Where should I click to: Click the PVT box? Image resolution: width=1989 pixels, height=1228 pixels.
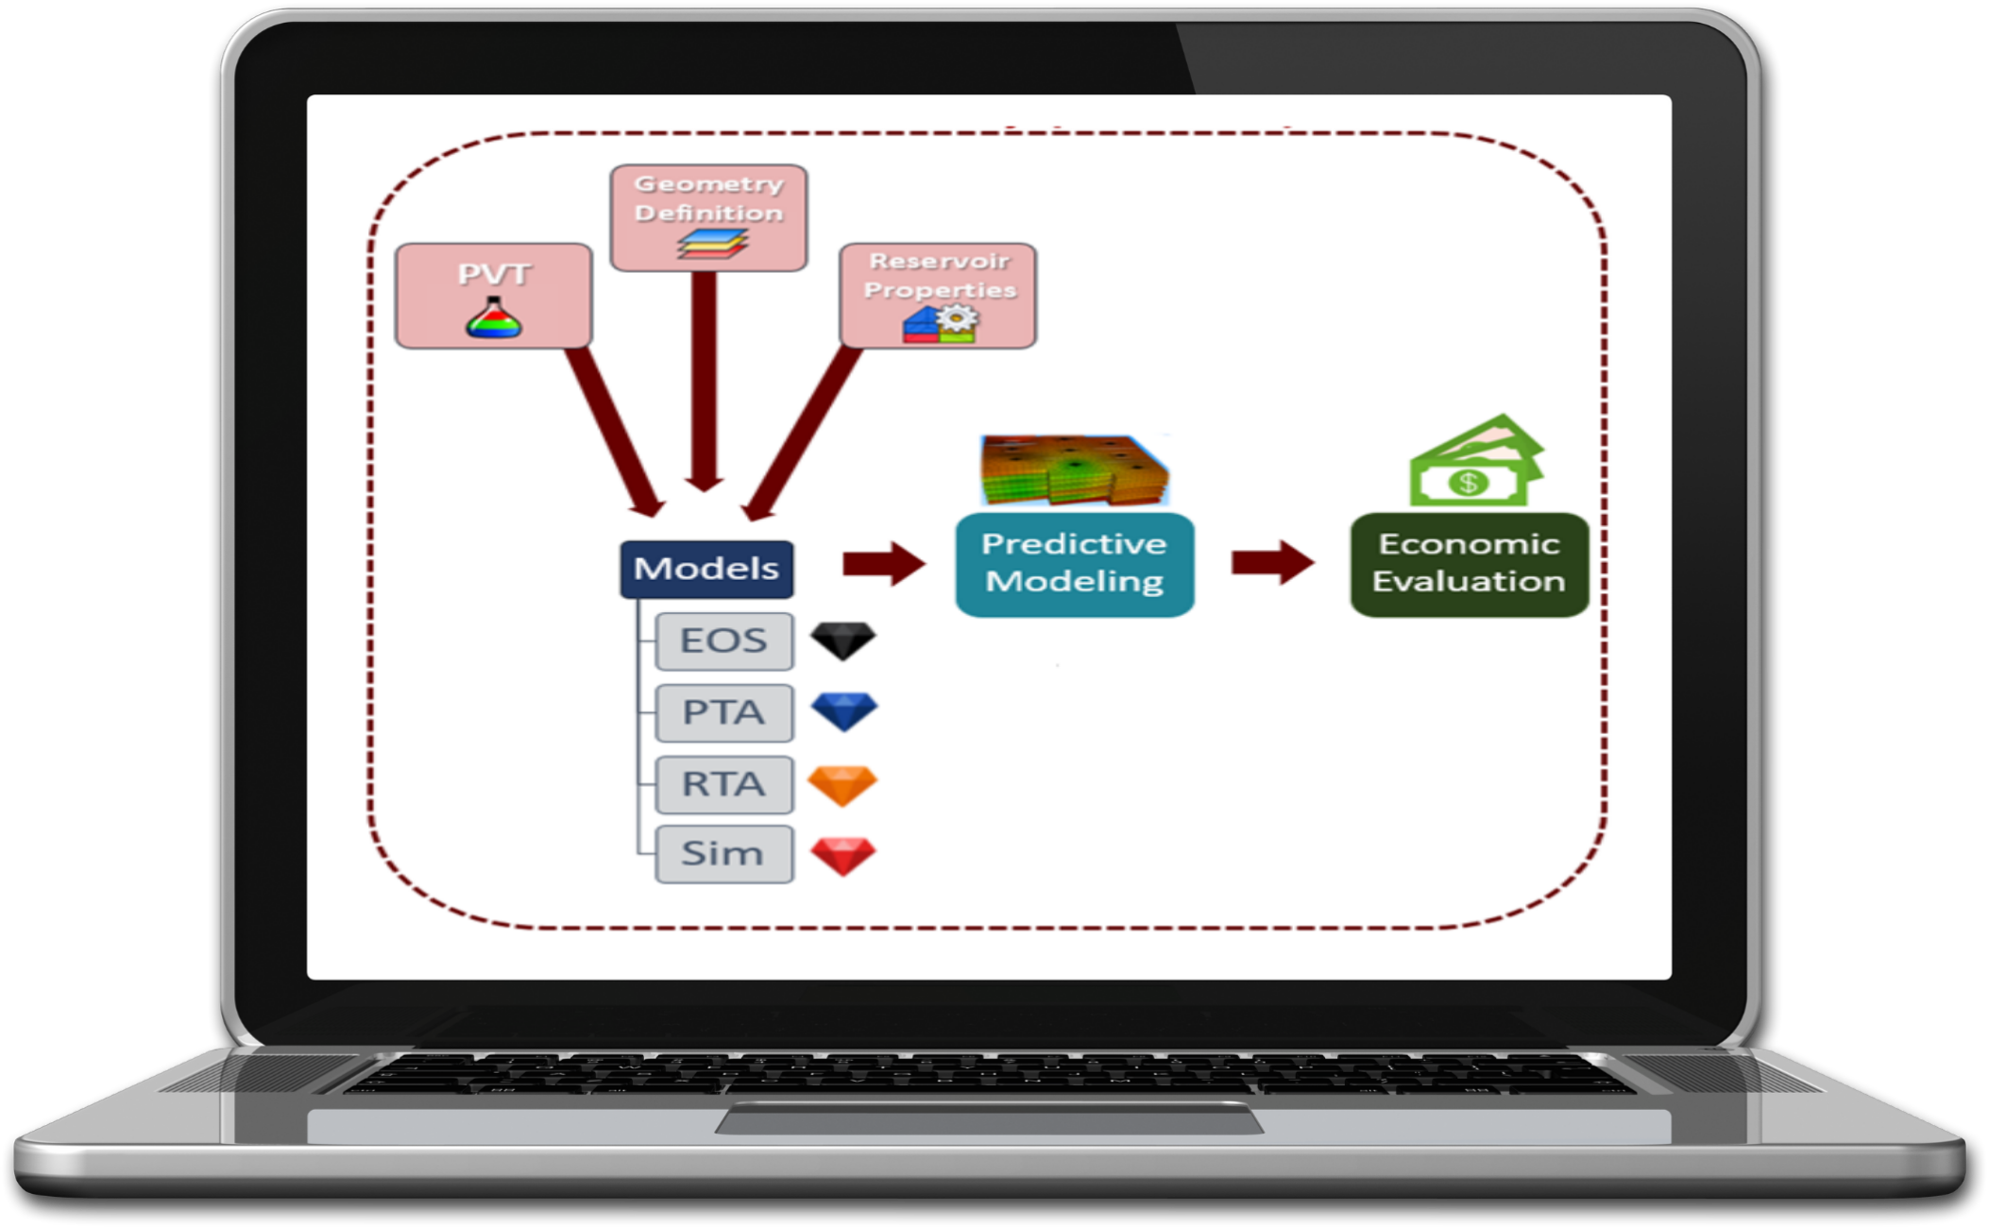click(493, 296)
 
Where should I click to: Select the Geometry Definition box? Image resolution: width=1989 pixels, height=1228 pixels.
click(708, 217)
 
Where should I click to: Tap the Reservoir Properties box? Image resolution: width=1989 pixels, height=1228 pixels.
click(938, 295)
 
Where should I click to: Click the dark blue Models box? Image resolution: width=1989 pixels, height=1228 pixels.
click(706, 569)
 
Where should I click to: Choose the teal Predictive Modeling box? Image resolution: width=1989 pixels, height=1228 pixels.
click(1075, 564)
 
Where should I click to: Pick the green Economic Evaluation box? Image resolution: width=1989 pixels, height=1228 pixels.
click(1469, 564)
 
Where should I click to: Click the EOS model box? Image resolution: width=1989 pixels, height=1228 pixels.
click(723, 640)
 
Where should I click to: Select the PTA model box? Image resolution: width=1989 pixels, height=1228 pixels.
click(723, 712)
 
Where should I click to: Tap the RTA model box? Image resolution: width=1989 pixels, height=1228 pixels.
click(723, 784)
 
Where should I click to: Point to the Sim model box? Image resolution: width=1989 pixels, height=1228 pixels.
click(723, 854)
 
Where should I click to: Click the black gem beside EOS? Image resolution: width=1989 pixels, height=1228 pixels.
click(843, 640)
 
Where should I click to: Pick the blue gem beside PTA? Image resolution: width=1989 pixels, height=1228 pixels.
click(844, 711)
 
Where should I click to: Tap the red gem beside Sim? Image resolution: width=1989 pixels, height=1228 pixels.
click(843, 856)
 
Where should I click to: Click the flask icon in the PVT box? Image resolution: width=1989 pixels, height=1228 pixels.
click(493, 318)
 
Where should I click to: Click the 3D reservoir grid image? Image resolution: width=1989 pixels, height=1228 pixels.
click(1075, 469)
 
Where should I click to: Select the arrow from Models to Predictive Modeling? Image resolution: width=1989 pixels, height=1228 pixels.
click(884, 564)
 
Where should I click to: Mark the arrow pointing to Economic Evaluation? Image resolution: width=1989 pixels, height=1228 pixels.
click(1272, 563)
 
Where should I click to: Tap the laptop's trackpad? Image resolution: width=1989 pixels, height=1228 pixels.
click(989, 1121)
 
